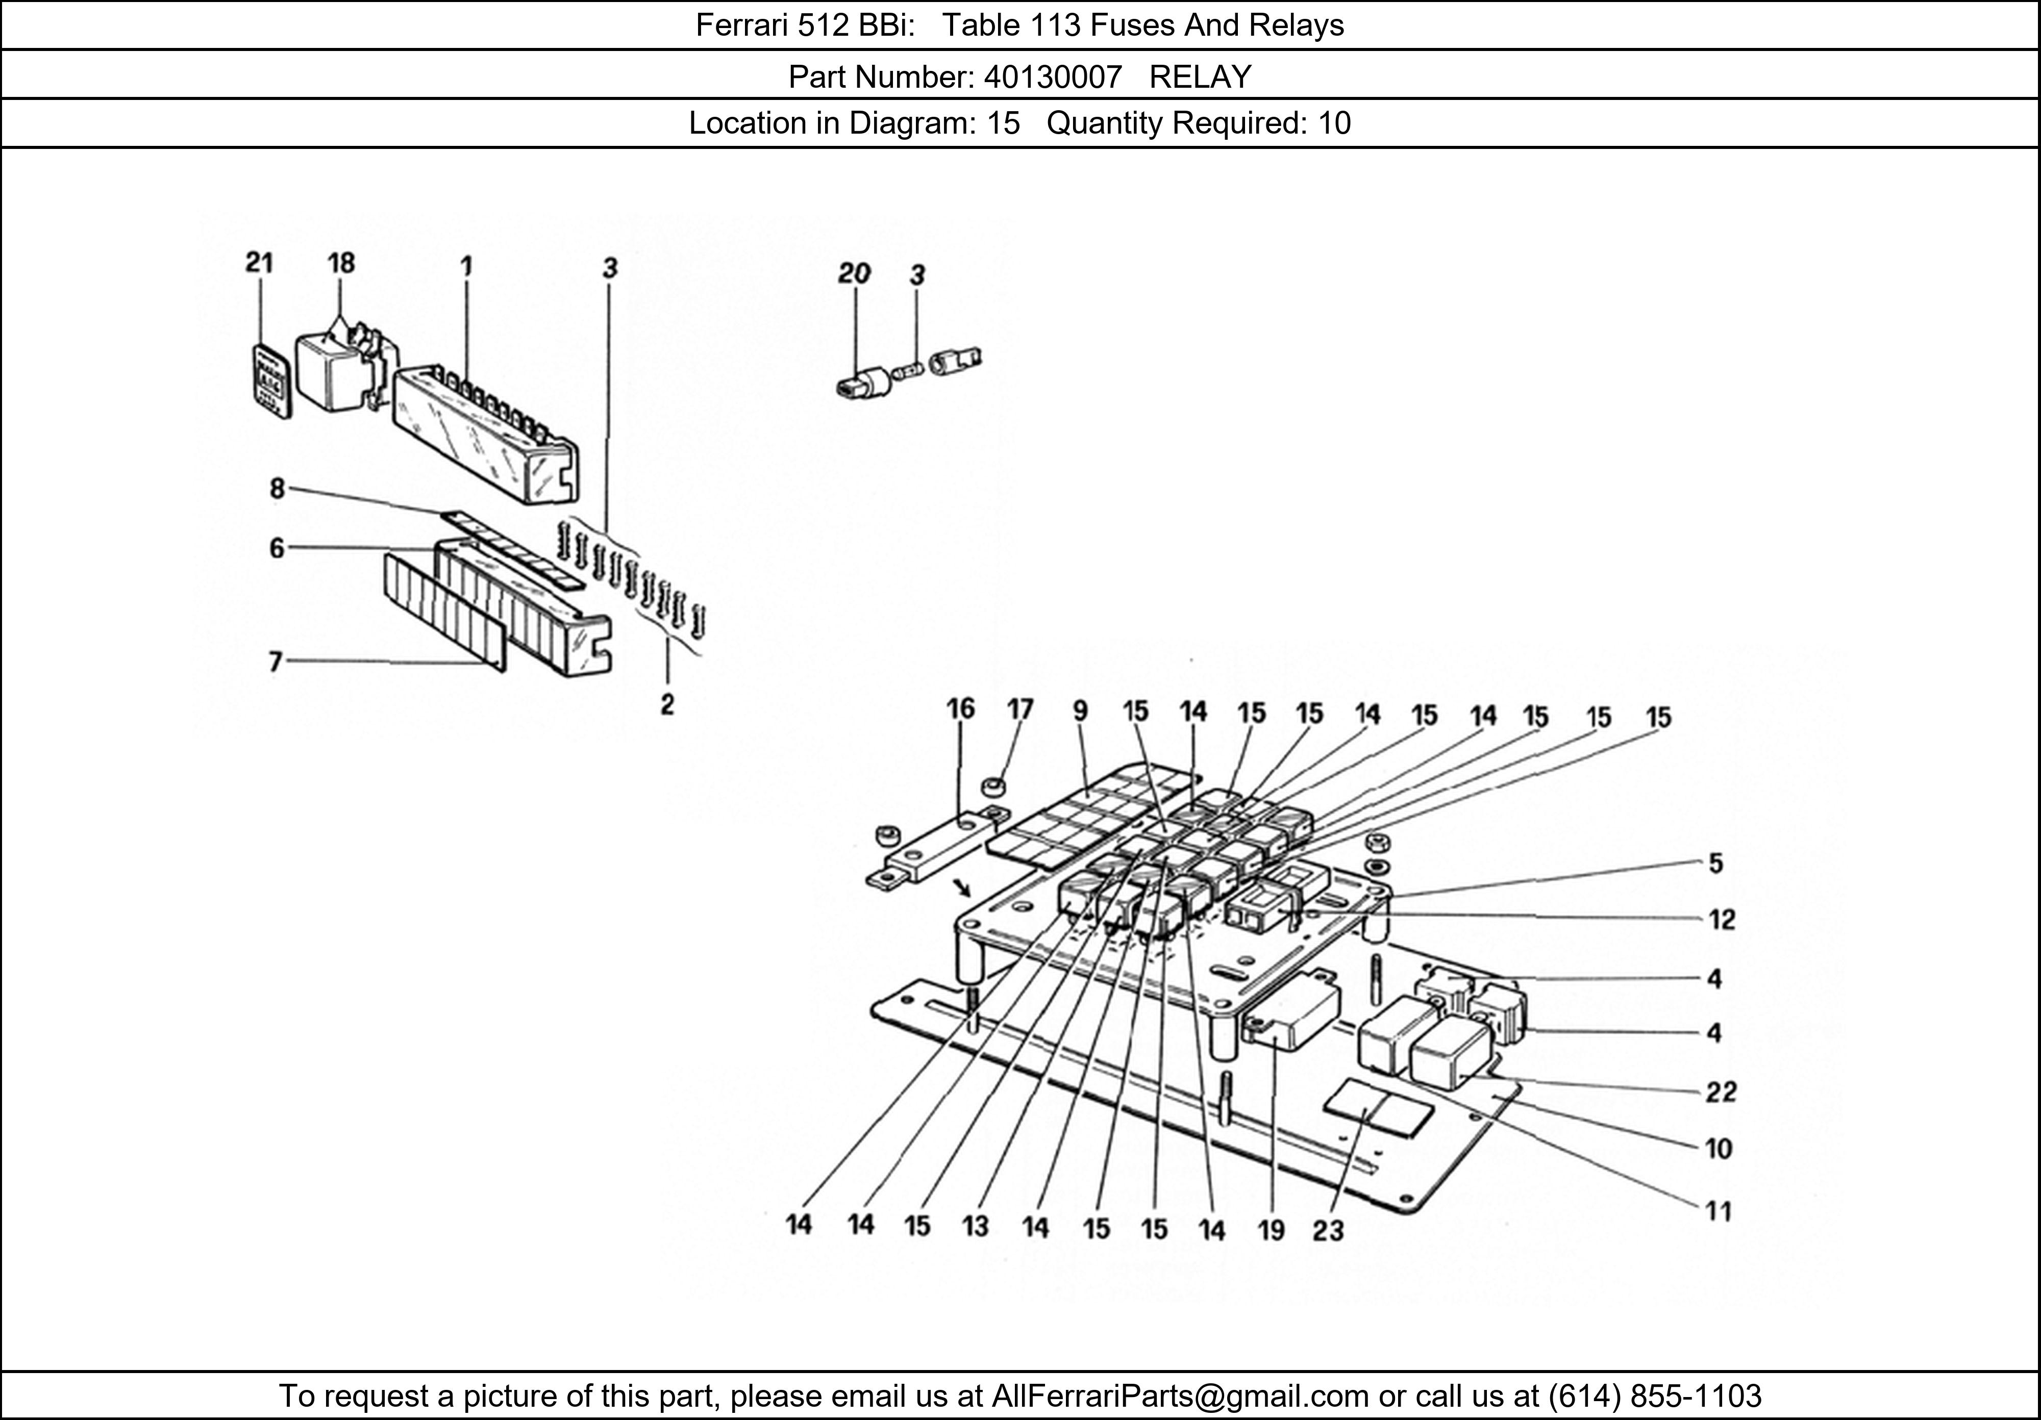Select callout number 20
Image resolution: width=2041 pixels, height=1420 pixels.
coord(854,274)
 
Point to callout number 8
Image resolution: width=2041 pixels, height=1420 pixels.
coord(278,489)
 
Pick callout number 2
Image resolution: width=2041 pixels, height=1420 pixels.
coord(667,705)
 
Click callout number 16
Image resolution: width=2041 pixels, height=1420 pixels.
coord(960,709)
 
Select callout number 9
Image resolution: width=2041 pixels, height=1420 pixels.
coord(1080,711)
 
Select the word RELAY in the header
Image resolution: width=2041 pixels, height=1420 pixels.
coord(1200,78)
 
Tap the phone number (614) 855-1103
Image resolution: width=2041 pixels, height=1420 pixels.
coord(1655,1396)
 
